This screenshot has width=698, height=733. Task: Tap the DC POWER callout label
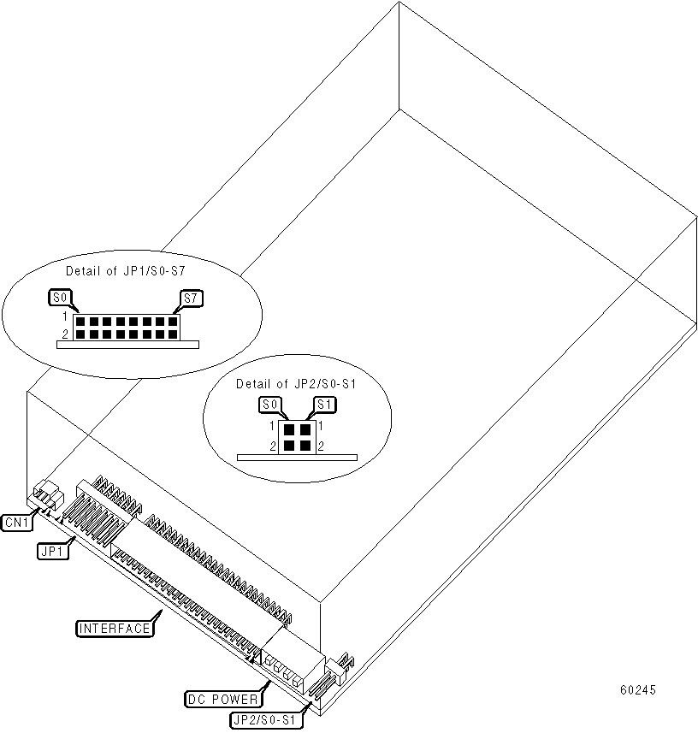tap(224, 699)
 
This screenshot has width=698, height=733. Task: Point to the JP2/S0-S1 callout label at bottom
tap(267, 721)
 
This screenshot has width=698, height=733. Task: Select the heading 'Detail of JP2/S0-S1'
tap(296, 384)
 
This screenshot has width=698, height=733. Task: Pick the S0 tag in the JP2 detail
tap(270, 405)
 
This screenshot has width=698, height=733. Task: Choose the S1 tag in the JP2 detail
tap(322, 405)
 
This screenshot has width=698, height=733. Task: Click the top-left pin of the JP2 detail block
tap(290, 429)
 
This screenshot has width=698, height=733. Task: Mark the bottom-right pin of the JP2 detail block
tap(305, 445)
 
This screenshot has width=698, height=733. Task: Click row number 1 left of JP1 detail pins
tap(64, 317)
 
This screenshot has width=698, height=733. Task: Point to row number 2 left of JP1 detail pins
tap(64, 334)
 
